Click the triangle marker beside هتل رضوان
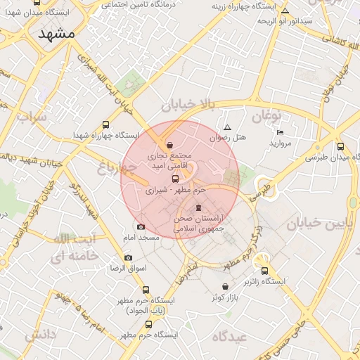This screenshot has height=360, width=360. point(226,128)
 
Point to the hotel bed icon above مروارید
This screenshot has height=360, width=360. point(281,132)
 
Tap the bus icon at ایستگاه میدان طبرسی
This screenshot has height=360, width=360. point(341,146)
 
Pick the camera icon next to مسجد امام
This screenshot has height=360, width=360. point(141,226)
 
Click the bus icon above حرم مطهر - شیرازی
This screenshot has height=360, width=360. point(175,179)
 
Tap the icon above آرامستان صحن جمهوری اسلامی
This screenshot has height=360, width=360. point(198,207)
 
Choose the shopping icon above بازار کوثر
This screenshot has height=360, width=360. point(225,286)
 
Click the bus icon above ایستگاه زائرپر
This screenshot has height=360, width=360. point(265,271)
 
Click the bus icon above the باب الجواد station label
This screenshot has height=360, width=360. point(146,289)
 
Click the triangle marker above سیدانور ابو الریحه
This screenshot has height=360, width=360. point(285,11)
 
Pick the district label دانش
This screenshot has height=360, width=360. point(40,335)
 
